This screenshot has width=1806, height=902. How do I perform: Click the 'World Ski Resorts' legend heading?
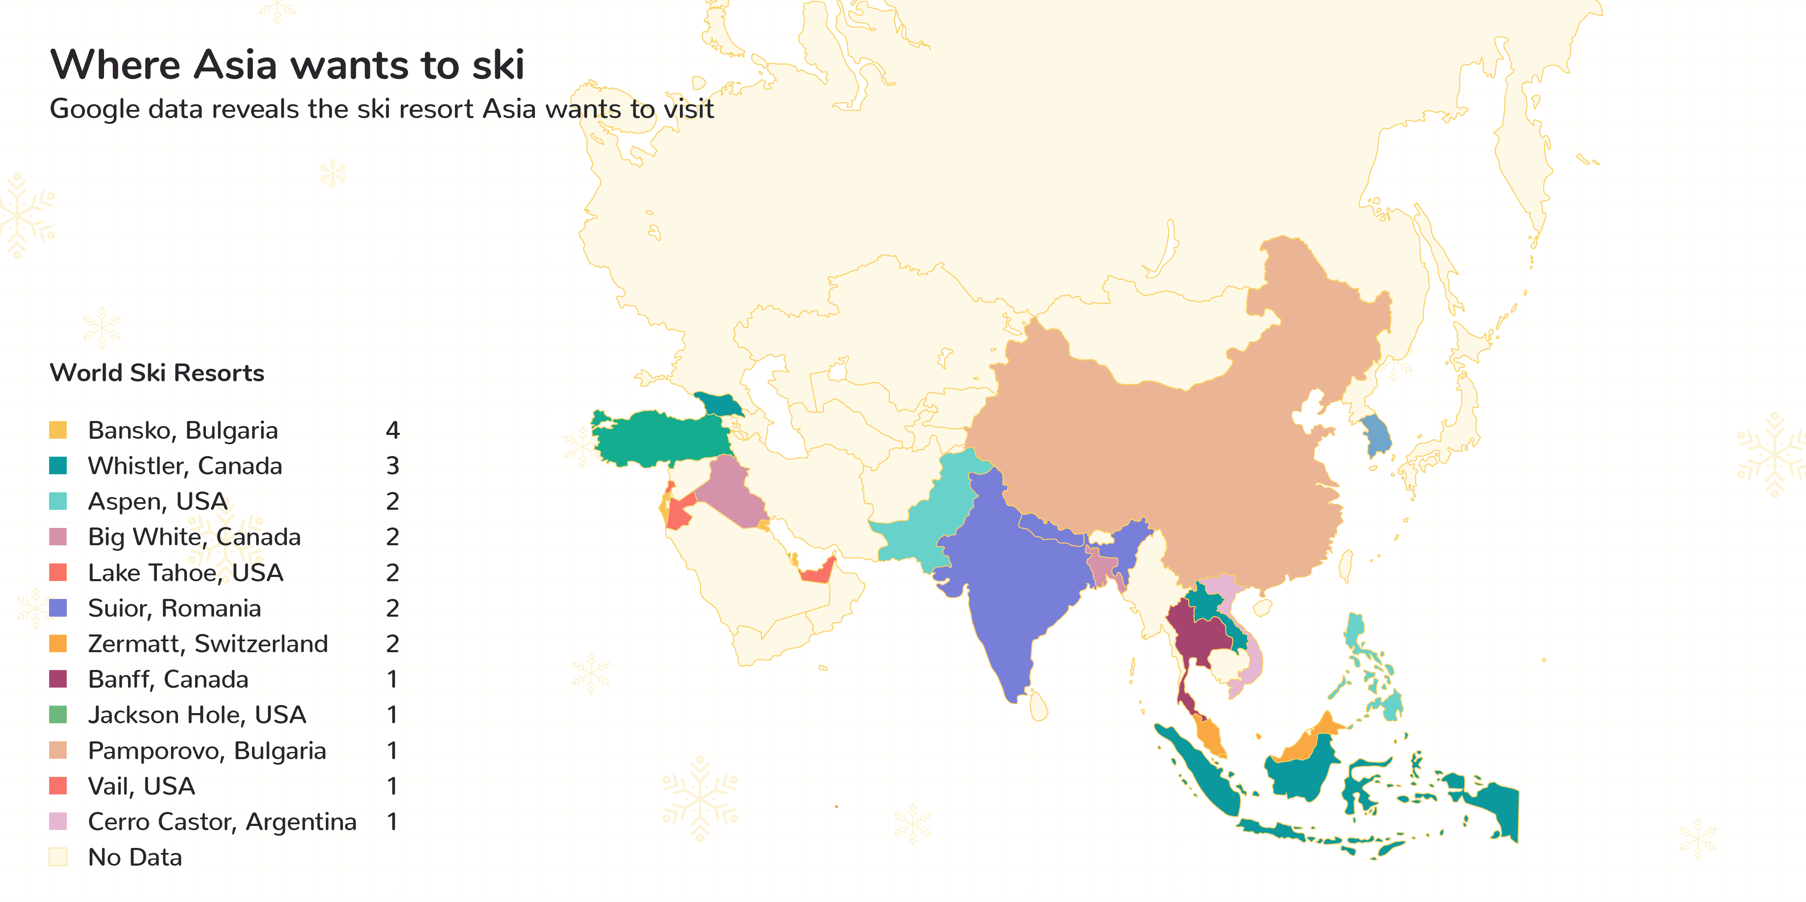click(157, 373)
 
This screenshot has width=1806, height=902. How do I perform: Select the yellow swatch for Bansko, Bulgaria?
click(58, 429)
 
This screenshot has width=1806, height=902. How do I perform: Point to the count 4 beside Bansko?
click(392, 429)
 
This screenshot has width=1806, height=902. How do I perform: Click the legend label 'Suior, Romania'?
click(175, 608)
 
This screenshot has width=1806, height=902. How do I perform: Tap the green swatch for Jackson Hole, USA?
click(58, 714)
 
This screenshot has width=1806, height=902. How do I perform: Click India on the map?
click(1010, 589)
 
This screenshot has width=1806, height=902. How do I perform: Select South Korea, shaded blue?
click(1376, 435)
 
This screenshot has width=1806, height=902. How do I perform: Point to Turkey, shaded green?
click(659, 438)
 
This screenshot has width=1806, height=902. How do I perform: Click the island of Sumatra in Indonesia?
click(1199, 771)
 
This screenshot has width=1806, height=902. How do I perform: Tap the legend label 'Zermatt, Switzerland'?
click(208, 643)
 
